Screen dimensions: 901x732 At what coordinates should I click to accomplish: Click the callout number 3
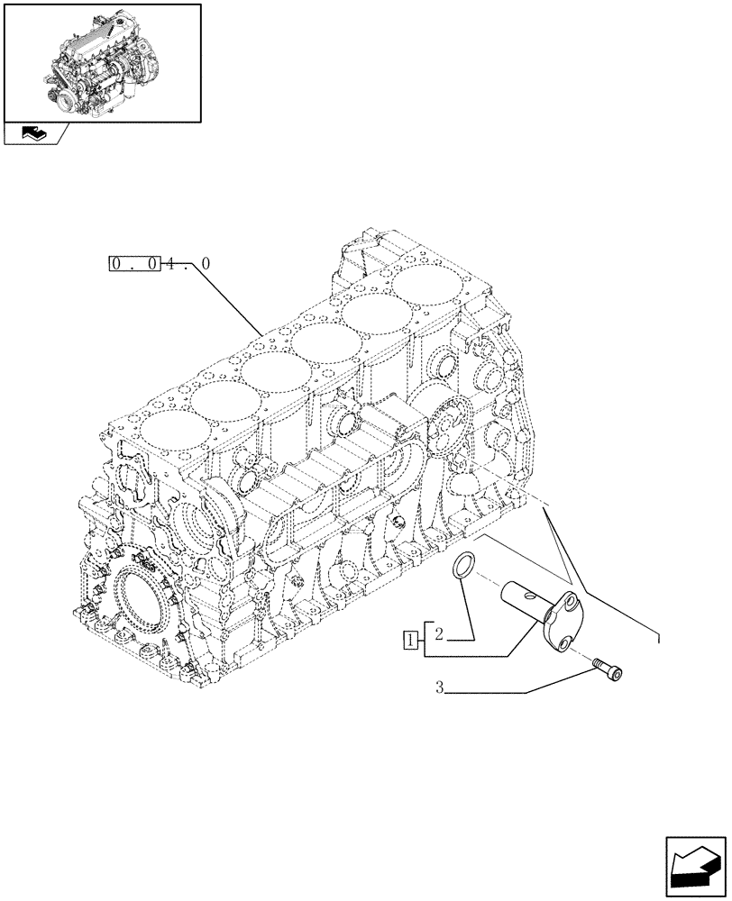pos(439,689)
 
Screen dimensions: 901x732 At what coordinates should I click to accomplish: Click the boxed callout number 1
pos(411,641)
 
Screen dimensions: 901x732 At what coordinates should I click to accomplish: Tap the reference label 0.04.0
pos(160,264)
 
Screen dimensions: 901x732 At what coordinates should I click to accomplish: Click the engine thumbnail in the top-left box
pos(101,61)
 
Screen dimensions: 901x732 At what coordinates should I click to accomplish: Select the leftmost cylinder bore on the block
pos(169,424)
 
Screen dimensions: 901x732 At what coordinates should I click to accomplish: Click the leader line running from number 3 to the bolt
pos(523,690)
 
